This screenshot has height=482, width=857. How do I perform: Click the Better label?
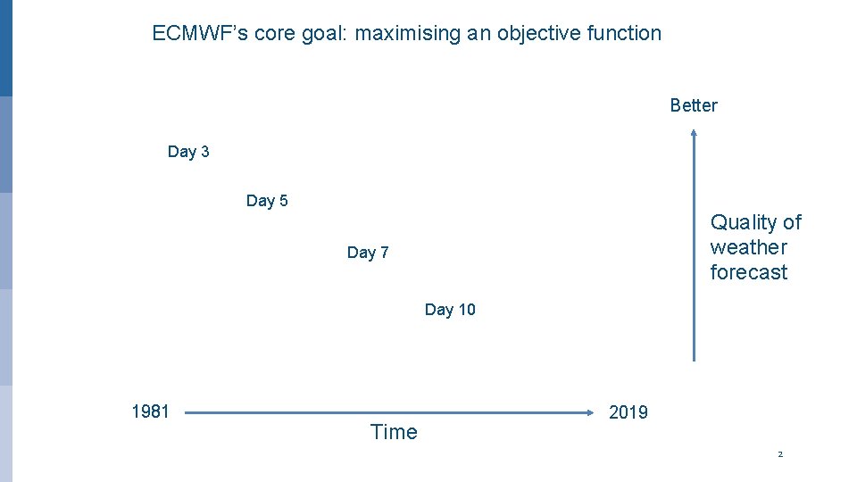click(694, 105)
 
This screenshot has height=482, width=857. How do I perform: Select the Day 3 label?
click(188, 152)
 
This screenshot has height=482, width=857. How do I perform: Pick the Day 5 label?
click(267, 201)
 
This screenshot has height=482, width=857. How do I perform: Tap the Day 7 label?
click(368, 253)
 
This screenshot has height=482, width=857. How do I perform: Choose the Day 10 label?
click(450, 310)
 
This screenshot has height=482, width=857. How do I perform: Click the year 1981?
click(150, 411)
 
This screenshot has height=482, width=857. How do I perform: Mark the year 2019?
click(628, 412)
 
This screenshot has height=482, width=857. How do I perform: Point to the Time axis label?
click(394, 432)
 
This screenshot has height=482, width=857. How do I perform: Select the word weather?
click(748, 247)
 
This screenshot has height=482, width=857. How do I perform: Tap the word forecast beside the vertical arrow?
click(748, 272)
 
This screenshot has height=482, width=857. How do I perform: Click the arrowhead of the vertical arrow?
click(694, 135)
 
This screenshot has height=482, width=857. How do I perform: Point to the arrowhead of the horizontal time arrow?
click(592, 412)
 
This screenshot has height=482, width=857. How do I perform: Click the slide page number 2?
click(780, 454)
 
